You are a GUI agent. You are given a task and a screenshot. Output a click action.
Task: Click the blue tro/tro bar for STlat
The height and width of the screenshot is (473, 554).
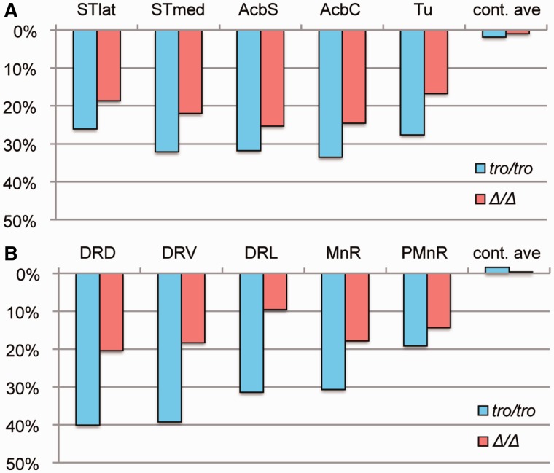[85, 79]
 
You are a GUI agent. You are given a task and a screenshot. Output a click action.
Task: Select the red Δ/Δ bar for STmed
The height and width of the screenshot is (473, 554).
[190, 71]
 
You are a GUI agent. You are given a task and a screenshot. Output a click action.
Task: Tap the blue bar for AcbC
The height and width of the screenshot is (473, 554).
[330, 93]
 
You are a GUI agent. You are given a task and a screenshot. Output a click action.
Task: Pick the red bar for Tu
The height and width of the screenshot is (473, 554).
[436, 62]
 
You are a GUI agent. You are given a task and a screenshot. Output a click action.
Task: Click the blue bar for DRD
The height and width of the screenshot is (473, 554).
[88, 349]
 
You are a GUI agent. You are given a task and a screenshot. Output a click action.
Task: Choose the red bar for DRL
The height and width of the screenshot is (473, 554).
[275, 292]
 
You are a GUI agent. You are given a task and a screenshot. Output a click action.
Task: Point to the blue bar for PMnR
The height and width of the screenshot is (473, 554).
[415, 310]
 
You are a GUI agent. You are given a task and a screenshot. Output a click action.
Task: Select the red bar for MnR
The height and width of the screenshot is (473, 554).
[357, 307]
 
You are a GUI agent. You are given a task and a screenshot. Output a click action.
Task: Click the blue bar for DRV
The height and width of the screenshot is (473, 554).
[170, 348]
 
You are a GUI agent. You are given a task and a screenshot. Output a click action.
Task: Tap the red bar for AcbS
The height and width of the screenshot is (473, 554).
[273, 78]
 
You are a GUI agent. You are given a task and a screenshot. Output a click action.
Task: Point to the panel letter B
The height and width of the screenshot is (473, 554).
[10, 254]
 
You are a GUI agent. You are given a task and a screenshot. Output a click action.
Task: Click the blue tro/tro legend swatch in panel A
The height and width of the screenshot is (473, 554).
[480, 168]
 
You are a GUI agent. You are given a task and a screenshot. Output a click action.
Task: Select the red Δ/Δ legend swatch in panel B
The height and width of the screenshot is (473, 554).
[483, 441]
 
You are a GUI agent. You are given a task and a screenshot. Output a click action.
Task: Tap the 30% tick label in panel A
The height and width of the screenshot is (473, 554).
[20, 146]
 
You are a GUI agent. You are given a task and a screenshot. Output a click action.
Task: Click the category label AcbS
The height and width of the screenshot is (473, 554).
[258, 9]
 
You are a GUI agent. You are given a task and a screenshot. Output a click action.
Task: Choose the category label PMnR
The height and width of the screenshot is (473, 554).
[424, 253]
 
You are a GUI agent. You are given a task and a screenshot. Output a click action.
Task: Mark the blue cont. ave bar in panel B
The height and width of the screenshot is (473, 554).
[497, 270]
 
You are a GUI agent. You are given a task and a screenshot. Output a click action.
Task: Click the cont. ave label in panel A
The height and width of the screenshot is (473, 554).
[507, 10]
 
